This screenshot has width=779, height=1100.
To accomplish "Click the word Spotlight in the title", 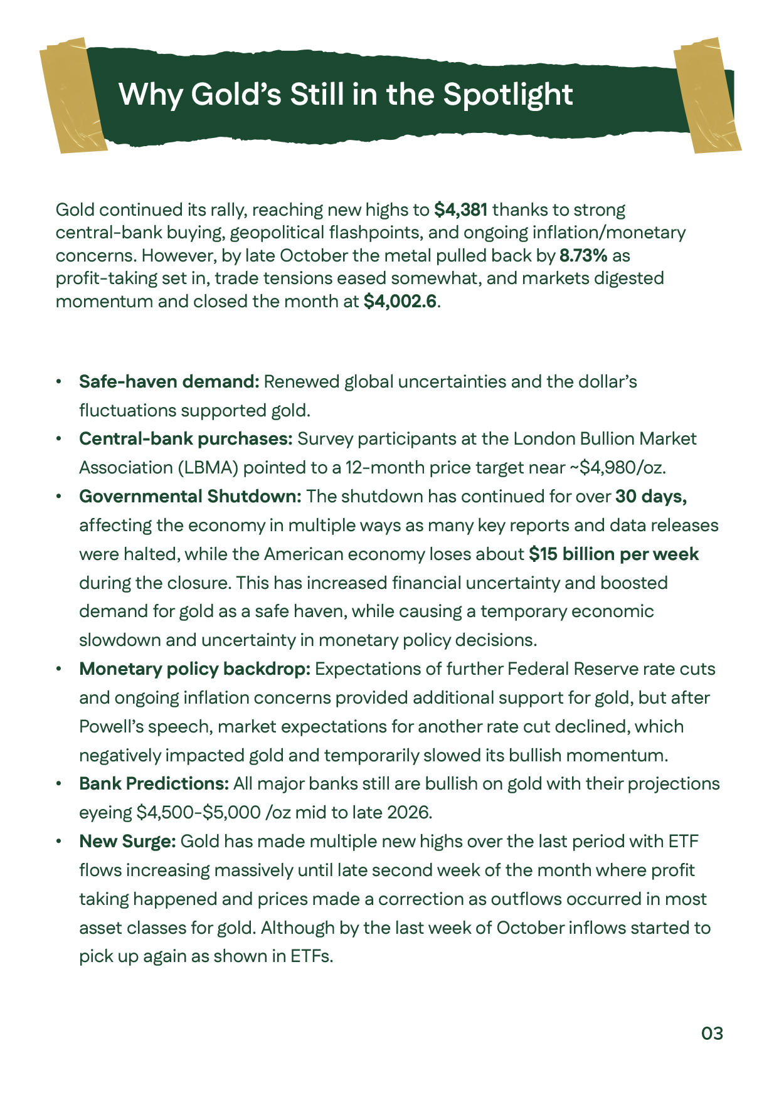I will coord(507,95).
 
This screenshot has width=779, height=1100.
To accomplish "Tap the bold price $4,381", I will coord(460,209).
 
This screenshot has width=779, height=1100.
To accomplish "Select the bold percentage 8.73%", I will coord(583,255).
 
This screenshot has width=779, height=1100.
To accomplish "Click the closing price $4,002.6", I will coord(400,301).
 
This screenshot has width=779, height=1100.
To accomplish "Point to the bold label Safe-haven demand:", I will coord(169,381).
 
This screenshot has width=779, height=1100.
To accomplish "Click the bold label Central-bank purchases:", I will coord(186,438).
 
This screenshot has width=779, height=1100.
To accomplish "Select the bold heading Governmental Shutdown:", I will coord(190,496).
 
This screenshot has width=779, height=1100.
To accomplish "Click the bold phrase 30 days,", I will coord(651,496).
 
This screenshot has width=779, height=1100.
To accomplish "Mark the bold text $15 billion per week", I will coord(613,554).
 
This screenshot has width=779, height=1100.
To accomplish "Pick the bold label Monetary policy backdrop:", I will coord(194,669).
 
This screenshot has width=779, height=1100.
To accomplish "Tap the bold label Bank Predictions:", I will coord(154,783).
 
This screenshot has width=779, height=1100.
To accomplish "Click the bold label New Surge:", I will coord(127,841).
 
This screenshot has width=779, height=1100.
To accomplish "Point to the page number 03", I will coord(712,1034).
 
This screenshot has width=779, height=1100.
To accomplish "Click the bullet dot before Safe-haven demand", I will coord(58,382).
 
